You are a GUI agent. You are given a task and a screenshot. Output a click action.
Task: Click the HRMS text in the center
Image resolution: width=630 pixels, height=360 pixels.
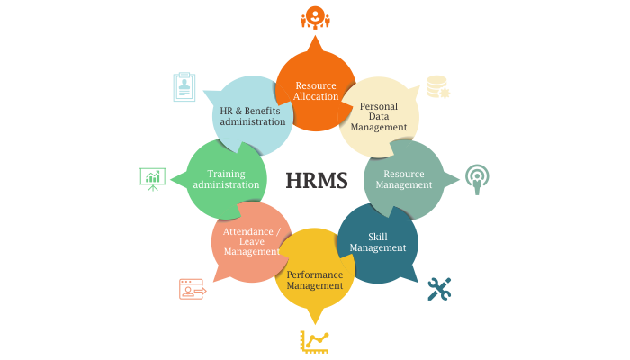tap(317, 180)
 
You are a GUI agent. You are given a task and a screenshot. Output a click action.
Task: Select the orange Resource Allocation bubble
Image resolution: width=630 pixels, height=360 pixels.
tap(315, 90)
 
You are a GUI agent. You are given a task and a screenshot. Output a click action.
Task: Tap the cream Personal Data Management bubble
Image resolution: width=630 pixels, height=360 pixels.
tap(379, 117)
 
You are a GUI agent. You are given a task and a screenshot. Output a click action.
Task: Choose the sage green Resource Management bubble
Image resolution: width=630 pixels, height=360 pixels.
tap(405, 180)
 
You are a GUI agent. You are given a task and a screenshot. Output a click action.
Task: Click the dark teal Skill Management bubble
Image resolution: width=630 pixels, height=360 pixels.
tap(378, 243)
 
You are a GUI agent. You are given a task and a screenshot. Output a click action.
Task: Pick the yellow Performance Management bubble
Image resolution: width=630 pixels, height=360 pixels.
tap(315, 269)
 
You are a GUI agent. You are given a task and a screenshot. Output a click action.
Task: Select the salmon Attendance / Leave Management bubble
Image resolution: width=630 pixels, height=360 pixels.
tap(251, 242)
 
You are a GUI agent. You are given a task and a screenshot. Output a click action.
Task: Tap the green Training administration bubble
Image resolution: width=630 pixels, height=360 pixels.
tap(226, 180)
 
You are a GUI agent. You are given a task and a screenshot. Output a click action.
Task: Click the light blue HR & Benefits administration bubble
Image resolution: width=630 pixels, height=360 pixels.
tap(252, 116)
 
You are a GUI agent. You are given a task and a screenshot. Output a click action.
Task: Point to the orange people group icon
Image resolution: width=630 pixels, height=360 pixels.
tap(315, 17)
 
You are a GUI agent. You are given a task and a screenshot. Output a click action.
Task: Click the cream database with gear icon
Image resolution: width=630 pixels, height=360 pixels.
tap(438, 86)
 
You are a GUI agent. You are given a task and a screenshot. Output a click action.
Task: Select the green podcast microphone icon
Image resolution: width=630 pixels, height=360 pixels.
tap(477, 179)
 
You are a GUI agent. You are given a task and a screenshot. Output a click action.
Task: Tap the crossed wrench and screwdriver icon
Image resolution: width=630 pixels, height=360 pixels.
tap(439, 289)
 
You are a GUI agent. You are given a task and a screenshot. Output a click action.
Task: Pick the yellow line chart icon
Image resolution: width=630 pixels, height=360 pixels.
tap(315, 342)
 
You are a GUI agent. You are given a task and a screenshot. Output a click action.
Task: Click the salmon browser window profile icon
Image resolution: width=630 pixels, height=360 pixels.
tap(193, 289)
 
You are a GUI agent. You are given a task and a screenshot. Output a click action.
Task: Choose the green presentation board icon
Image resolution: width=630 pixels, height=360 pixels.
tap(153, 179)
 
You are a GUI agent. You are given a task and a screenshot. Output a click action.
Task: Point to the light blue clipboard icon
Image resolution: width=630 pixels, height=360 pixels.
tap(184, 87)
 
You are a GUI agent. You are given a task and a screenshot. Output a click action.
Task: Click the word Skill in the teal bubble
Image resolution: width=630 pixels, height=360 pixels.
tap(378, 237)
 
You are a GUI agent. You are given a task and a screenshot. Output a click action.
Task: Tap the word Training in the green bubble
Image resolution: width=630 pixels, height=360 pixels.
tap(226, 175)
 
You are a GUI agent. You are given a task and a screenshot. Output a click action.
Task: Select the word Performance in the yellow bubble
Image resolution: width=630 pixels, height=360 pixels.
tap(315, 274)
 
